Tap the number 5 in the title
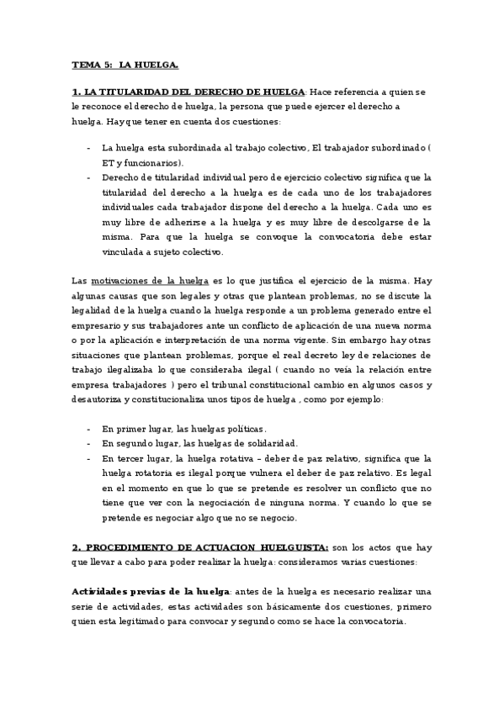click(105, 64)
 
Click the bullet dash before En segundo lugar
click(89, 444)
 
